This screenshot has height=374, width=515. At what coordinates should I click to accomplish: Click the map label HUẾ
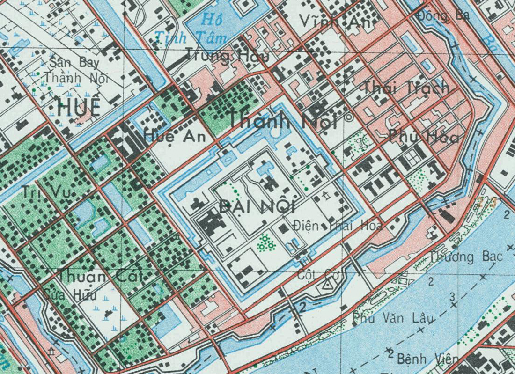click(79, 108)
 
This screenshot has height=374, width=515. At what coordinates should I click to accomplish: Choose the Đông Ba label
click(444, 15)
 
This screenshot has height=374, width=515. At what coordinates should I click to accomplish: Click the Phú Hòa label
click(423, 137)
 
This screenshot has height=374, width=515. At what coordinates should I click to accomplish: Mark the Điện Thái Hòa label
click(337, 226)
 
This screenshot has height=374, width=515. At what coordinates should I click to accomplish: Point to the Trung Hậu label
click(228, 56)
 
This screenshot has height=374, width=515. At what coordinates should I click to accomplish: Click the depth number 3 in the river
click(452, 296)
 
